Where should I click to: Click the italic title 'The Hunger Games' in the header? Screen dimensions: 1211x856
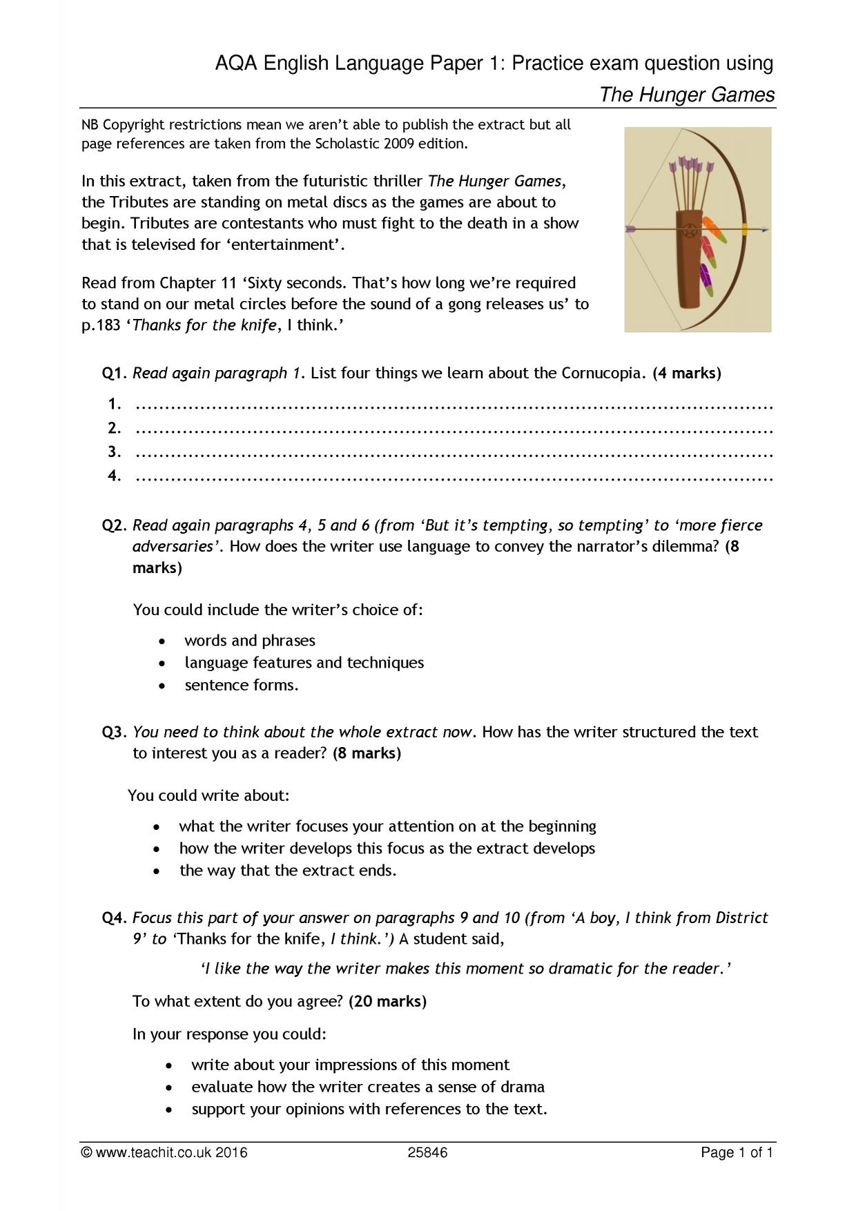pyautogui.click(x=687, y=95)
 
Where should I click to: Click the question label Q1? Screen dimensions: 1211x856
pyautogui.click(x=115, y=374)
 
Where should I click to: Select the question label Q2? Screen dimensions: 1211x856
pyautogui.click(x=115, y=525)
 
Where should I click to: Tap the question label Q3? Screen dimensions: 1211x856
pyautogui.click(x=115, y=732)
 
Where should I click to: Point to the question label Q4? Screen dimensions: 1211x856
pyautogui.click(x=115, y=918)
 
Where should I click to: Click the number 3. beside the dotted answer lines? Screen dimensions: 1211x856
pyautogui.click(x=115, y=452)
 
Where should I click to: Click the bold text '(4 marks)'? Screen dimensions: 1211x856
pyautogui.click(x=686, y=374)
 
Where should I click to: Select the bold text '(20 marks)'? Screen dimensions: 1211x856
pyautogui.click(x=387, y=1001)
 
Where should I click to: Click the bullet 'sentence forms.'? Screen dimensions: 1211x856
pyautogui.click(x=242, y=685)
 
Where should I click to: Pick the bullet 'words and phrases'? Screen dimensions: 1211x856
pyautogui.click(x=249, y=641)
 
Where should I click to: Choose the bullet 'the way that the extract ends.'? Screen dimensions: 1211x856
pyautogui.click(x=288, y=870)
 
